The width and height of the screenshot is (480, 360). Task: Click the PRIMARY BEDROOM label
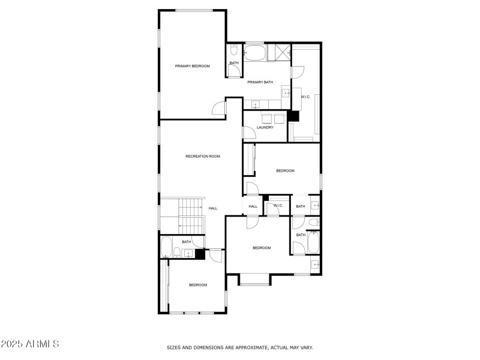(192, 66)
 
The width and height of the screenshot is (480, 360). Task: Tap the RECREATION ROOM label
(203, 157)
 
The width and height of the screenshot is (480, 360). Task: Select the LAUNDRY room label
(265, 127)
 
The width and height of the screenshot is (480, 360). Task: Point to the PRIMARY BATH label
(260, 82)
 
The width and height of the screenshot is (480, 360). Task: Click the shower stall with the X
(282, 52)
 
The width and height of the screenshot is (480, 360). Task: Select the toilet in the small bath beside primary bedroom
(233, 49)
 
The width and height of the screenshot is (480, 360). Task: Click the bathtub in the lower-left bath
(167, 247)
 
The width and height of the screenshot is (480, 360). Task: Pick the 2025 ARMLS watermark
(30, 344)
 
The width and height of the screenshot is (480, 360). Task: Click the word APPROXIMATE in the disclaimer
(239, 347)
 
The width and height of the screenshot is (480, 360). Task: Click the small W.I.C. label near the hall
(278, 206)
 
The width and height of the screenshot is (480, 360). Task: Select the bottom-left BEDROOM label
(198, 285)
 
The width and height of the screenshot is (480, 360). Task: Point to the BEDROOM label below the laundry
(285, 171)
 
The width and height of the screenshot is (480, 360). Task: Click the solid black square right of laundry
(293, 116)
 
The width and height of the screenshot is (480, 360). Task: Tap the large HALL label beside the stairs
(213, 208)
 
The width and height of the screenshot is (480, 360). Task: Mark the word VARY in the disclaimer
(306, 347)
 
